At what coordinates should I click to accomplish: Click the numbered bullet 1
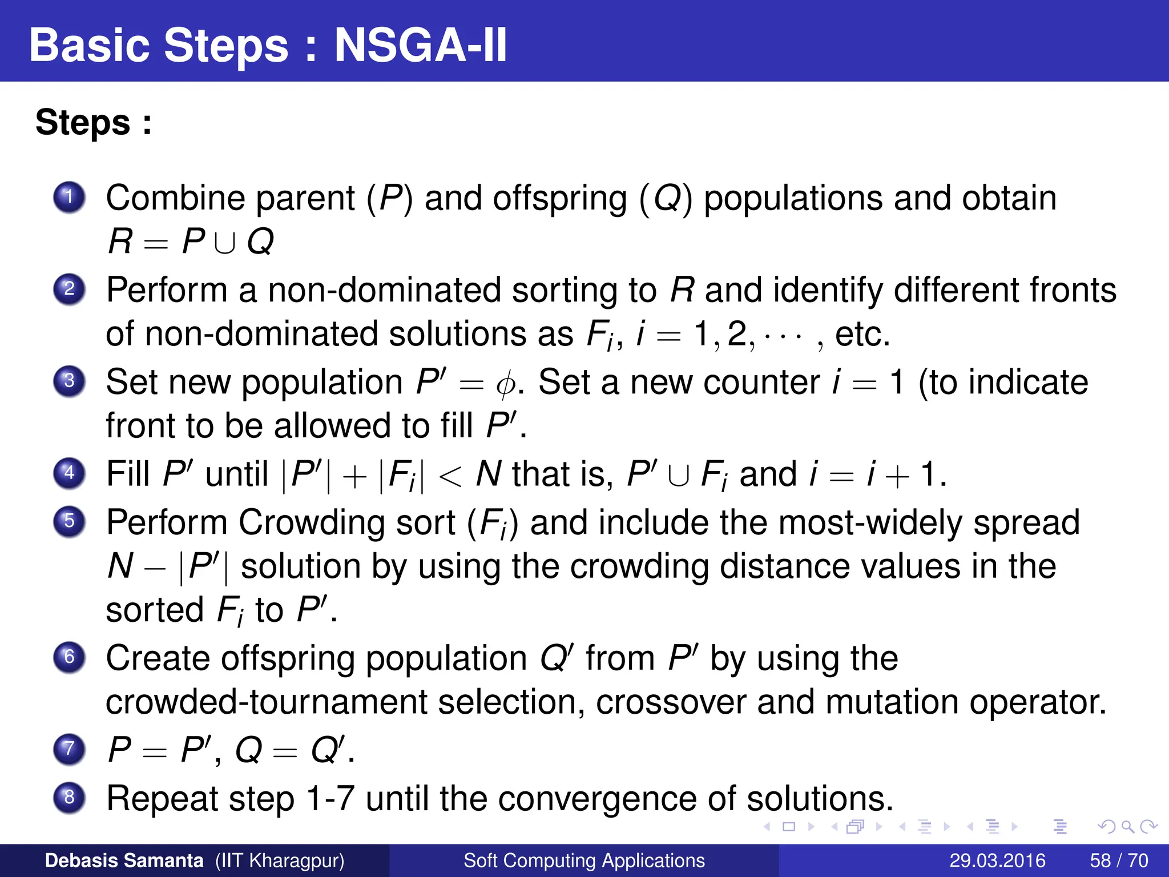pyautogui.click(x=69, y=198)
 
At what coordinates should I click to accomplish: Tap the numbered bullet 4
pyautogui.click(x=69, y=473)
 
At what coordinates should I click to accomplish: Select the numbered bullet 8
pyautogui.click(x=69, y=797)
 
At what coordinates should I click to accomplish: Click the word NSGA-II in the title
pyautogui.click(x=420, y=45)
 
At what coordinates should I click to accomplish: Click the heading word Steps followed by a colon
pyautogui.click(x=83, y=122)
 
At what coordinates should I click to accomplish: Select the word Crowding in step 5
pyautogui.click(x=347, y=522)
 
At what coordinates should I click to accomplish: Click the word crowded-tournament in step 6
pyautogui.click(x=267, y=702)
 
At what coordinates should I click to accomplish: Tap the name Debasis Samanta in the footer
pyautogui.click(x=124, y=860)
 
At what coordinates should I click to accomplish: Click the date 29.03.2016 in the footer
pyautogui.click(x=997, y=860)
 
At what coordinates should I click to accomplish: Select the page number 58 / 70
pyautogui.click(x=1119, y=860)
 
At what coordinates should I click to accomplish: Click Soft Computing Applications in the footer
pyautogui.click(x=584, y=860)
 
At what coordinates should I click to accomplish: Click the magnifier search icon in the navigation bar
pyautogui.click(x=1127, y=826)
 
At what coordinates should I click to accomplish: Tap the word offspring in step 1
pyautogui.click(x=560, y=199)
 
